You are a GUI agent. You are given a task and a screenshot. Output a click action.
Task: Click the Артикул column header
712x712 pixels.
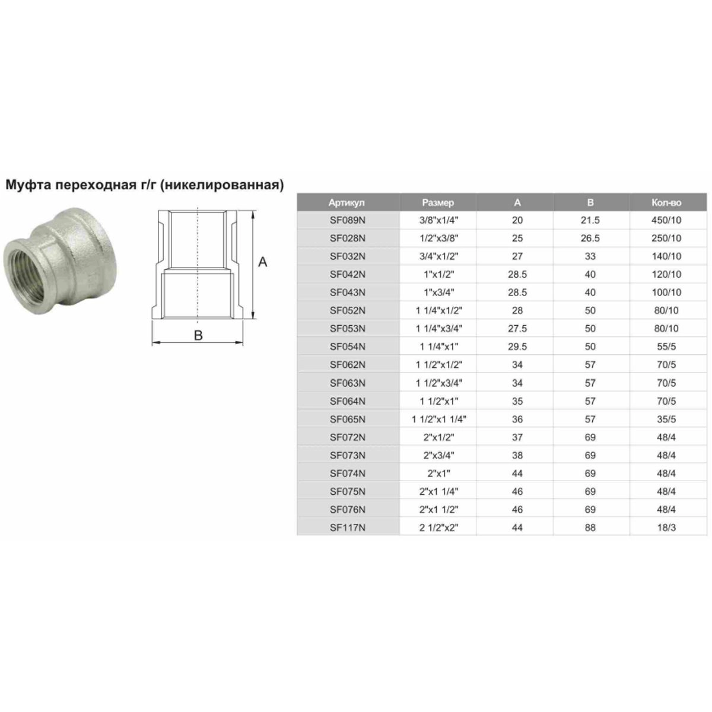[x=346, y=202]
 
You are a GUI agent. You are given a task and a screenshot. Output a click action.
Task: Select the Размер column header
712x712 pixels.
[x=438, y=202]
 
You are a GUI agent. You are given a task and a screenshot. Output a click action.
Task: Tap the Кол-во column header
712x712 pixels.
[x=666, y=202]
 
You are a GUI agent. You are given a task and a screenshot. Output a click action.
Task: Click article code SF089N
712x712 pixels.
[x=347, y=220]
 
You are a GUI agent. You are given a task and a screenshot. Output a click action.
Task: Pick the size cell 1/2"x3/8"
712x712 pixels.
[x=438, y=239]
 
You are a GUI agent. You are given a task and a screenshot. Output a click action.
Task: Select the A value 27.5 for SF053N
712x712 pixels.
[x=517, y=329]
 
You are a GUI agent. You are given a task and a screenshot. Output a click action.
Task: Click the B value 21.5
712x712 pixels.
[x=590, y=220]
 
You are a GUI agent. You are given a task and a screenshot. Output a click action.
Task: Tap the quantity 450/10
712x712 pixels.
[x=666, y=220]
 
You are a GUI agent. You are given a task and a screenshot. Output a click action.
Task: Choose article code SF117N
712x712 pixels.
[x=347, y=527]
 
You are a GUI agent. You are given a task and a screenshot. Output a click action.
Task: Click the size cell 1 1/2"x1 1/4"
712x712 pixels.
[x=439, y=419]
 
